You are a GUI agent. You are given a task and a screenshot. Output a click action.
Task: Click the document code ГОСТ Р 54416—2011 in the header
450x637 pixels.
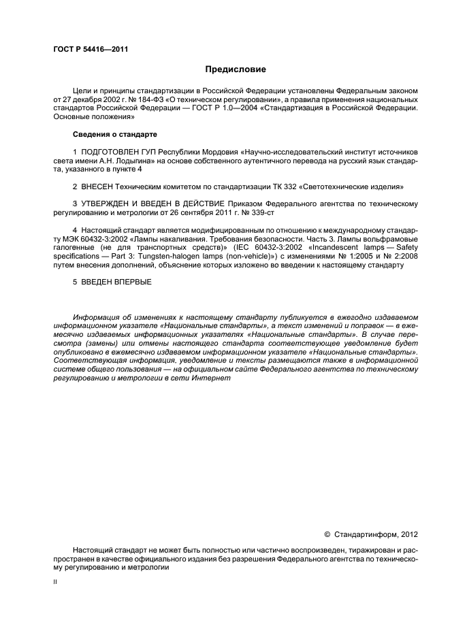[x=90, y=50]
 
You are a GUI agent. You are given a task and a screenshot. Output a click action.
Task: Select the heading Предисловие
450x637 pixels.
[x=235, y=69]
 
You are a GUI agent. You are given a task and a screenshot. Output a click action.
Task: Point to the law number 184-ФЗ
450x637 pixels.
[x=158, y=99]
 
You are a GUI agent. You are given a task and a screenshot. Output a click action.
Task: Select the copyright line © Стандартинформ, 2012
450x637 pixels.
[x=369, y=535]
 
